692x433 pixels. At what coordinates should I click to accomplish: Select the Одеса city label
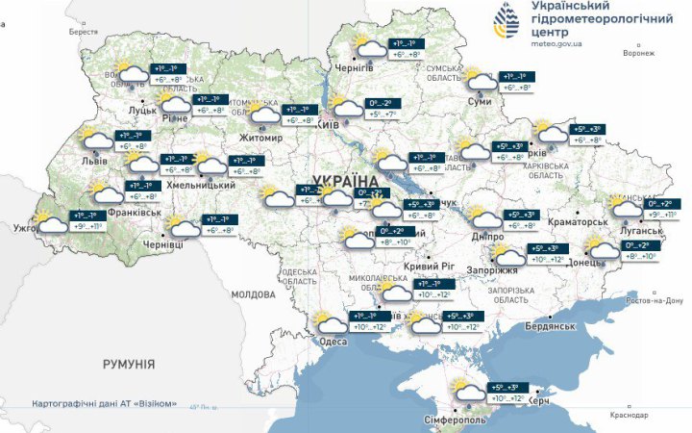[x=333, y=342]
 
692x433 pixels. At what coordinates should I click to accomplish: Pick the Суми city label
[x=480, y=100]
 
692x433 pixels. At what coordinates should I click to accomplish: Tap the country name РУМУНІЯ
[x=129, y=365]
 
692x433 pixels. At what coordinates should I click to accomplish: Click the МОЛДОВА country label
[x=254, y=293]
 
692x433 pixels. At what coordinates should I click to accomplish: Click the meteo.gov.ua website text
[x=562, y=42]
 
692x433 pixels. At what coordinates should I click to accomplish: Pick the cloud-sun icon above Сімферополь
[x=470, y=391]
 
